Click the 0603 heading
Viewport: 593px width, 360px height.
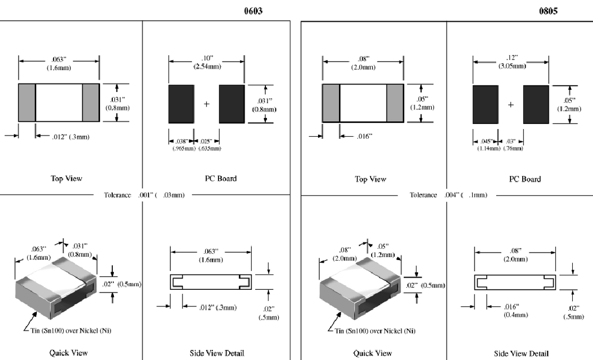[253, 11]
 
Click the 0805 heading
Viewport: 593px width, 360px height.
[549, 11]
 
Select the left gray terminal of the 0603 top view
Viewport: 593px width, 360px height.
[27, 102]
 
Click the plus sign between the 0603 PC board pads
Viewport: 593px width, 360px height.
[207, 104]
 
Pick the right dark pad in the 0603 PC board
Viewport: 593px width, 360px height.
[231, 104]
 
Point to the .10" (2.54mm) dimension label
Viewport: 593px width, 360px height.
[206, 62]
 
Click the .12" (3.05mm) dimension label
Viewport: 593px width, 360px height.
[511, 62]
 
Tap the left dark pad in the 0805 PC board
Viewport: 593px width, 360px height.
[486, 104]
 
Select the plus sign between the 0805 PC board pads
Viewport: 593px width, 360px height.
[511, 105]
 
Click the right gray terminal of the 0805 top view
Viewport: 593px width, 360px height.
[395, 103]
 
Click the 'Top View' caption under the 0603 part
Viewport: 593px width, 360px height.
[66, 179]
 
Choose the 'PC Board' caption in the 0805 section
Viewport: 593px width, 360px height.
[525, 179]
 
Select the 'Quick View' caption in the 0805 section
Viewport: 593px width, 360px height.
[373, 353]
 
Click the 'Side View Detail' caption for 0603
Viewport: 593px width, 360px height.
[216, 353]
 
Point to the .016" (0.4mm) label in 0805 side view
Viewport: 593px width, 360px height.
[515, 311]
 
